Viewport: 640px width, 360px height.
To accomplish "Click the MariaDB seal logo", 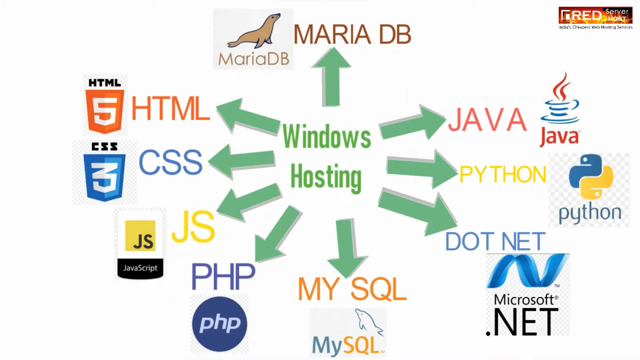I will [253, 39].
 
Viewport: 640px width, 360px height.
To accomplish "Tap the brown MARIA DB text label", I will [352, 34].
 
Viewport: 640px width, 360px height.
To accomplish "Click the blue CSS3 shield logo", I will [104, 172].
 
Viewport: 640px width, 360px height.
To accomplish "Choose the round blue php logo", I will [220, 324].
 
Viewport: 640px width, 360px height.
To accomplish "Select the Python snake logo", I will [590, 190].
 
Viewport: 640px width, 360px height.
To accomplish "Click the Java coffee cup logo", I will [560, 110].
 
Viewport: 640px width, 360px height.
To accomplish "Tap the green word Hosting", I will [326, 177].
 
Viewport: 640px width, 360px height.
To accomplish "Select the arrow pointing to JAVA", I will [412, 123].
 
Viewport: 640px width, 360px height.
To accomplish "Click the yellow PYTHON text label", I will [502, 175].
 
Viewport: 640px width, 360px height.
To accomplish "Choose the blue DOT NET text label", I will [495, 241].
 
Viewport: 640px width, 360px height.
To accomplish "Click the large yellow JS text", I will [193, 227].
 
